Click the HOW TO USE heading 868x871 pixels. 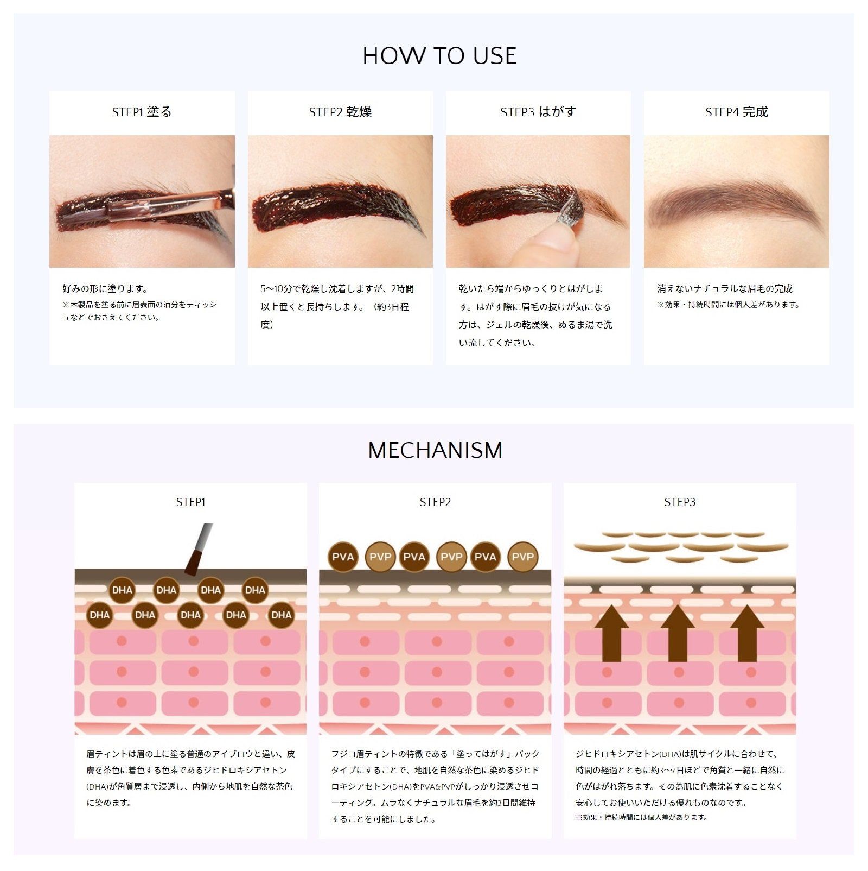439,56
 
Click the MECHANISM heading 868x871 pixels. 435,450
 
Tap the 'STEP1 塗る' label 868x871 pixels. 142,112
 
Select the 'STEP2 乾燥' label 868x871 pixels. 340,112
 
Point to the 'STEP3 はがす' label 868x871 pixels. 538,112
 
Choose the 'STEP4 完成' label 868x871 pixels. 737,112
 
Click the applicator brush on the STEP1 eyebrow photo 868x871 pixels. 168,206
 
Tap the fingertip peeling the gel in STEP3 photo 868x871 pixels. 553,242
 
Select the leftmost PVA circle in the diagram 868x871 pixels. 343,557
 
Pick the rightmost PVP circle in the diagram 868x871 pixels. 522,557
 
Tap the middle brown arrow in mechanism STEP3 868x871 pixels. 678,633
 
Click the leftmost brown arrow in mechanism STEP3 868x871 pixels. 611,633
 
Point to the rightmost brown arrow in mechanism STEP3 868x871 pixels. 747,633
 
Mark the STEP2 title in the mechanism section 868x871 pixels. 435,502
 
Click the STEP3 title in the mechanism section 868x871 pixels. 680,502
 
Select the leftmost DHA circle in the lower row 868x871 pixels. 100,615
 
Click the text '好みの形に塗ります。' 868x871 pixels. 105,289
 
